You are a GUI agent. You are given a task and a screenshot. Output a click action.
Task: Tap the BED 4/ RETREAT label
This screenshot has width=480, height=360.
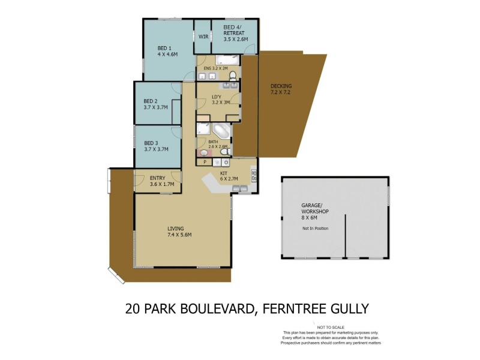pos(234,33)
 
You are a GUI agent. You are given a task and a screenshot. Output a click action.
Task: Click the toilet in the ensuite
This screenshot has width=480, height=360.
pos(233,75)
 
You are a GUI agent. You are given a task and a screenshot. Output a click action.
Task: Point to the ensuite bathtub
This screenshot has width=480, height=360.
pos(227,59)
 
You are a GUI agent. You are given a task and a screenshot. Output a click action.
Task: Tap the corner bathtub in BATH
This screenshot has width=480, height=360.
pos(221,131)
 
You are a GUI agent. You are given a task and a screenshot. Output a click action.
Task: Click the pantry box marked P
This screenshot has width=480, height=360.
pos(205,162)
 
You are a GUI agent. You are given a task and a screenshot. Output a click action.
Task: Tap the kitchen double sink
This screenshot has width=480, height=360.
pos(239,190)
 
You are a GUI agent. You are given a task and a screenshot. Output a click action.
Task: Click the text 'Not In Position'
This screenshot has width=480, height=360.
pos(316,229)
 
